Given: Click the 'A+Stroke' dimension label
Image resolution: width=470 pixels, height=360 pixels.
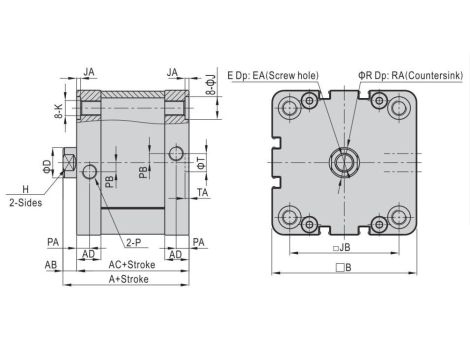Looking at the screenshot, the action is (129, 279).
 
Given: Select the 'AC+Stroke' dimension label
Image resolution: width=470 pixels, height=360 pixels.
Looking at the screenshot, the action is (132, 265).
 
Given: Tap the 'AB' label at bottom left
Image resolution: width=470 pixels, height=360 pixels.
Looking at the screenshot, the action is (51, 265).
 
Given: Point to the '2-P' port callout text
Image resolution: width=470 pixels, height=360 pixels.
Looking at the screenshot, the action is (134, 242).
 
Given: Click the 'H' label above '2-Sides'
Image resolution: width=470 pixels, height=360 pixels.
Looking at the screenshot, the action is (26, 189).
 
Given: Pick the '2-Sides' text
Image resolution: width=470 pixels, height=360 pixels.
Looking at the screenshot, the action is (26, 203).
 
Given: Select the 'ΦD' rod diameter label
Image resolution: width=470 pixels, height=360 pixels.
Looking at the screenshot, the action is (47, 166).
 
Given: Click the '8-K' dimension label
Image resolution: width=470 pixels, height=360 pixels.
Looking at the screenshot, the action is (58, 111).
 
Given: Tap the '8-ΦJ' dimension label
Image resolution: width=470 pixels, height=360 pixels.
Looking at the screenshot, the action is (211, 85).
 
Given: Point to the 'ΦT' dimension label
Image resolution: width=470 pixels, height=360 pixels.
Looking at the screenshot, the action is (201, 163).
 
